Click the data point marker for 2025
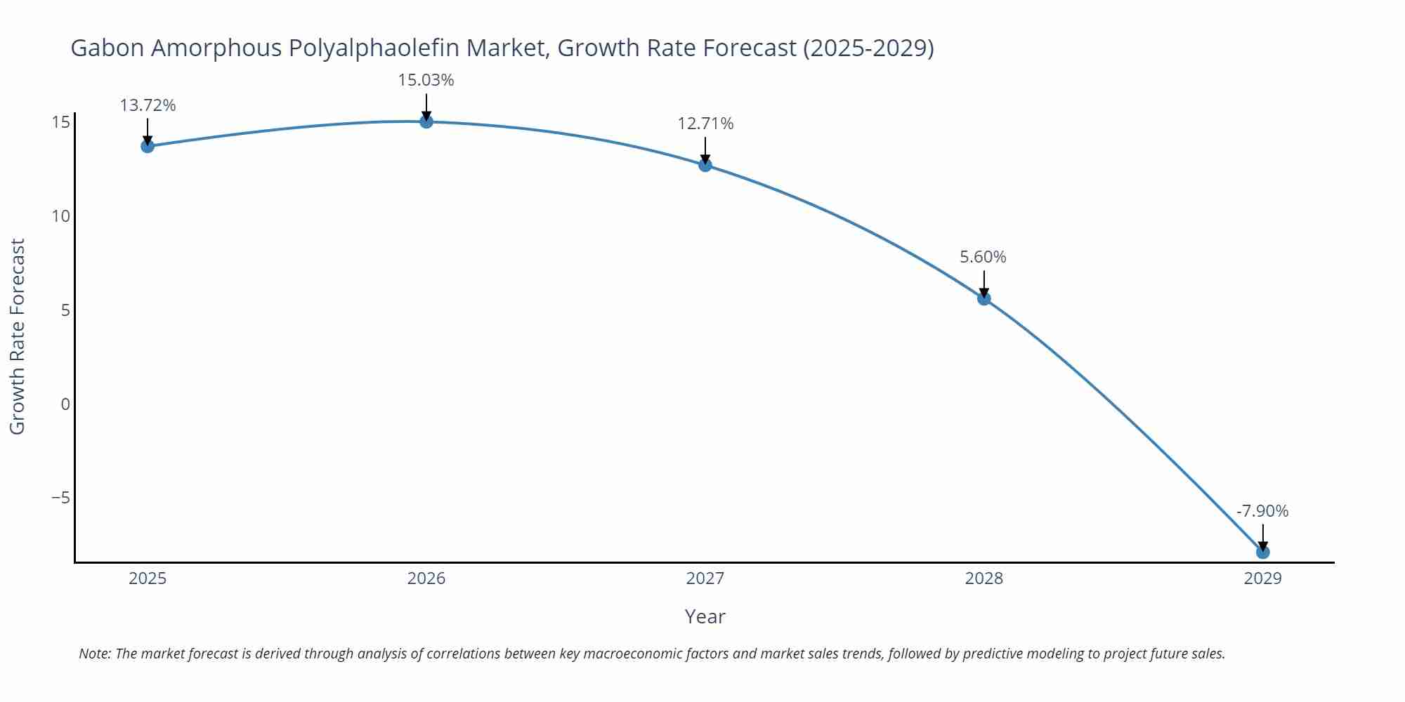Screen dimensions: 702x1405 148,146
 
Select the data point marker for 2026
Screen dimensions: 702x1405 426,121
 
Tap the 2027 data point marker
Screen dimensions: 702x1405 705,165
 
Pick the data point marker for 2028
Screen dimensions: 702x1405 984,298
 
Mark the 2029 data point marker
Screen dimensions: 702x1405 1262,552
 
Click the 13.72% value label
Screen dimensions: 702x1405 148,105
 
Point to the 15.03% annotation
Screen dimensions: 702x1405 426,80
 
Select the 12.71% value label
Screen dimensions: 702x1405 705,124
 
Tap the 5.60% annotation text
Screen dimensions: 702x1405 983,257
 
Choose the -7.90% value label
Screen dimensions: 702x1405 1262,511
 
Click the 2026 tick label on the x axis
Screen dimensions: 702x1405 426,578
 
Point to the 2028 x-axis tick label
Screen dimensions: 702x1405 984,578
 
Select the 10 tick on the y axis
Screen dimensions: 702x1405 61,216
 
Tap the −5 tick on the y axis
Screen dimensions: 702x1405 61,498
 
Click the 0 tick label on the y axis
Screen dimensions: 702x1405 65,404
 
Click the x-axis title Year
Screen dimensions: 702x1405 705,616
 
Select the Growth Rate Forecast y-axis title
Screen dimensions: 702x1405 18,336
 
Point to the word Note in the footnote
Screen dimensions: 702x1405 94,654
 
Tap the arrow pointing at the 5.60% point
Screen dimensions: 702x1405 984,284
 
